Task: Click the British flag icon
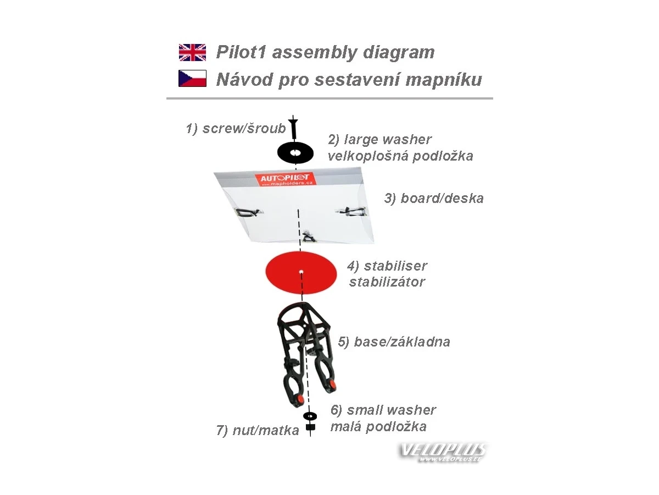click(x=192, y=52)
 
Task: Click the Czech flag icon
click(x=192, y=78)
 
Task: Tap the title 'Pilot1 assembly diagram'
click(x=325, y=52)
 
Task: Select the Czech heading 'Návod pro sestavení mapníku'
click(x=349, y=79)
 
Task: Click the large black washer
click(x=295, y=152)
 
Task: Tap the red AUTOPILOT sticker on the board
click(x=286, y=180)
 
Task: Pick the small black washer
click(x=310, y=416)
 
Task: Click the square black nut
click(x=310, y=427)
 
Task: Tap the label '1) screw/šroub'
click(x=236, y=129)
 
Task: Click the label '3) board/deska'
click(x=434, y=199)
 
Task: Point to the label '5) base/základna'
click(x=394, y=342)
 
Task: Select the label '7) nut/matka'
click(x=258, y=430)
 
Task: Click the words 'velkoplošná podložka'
click(x=400, y=156)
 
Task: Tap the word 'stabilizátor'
click(x=387, y=282)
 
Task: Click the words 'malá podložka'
click(x=378, y=426)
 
